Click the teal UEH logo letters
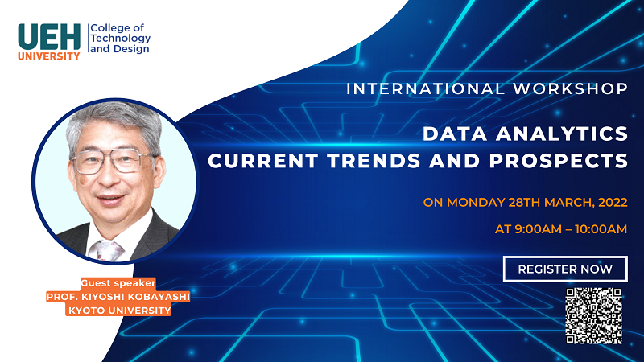pos(49,36)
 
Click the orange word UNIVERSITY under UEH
pos(49,56)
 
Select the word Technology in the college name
pos(120,38)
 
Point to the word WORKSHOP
pos(571,88)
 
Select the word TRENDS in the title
pos(374,160)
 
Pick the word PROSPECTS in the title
pos(559,160)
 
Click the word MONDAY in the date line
pos(476,203)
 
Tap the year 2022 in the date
pos(613,203)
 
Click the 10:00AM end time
pos(601,229)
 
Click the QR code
pos(593,315)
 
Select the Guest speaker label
pos(118,283)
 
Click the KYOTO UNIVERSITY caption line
pos(119,311)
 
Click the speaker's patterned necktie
pos(107,250)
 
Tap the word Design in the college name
pos(131,49)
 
